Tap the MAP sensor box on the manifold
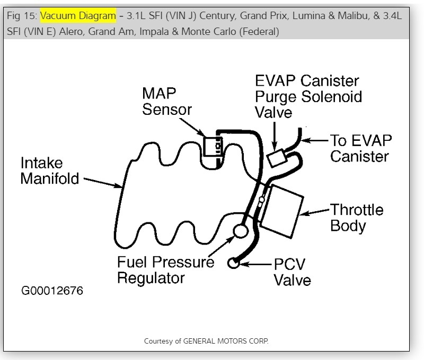point(214,146)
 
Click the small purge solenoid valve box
point(278,158)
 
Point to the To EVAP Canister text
point(360,148)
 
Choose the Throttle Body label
point(357,217)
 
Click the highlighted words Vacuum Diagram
point(78,16)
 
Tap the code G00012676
point(52,292)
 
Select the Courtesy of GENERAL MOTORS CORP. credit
point(206,341)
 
